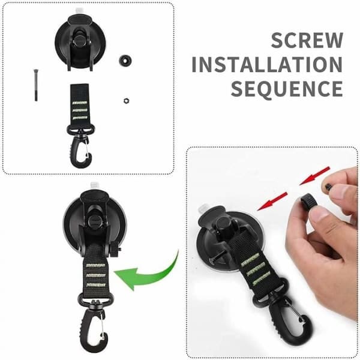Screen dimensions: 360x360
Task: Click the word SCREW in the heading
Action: (307, 40)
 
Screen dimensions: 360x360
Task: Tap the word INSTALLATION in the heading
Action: (267, 65)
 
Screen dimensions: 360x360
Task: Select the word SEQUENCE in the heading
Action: (287, 89)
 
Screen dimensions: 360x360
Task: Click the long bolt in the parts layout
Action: (36, 85)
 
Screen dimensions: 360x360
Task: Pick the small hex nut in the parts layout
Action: (126, 101)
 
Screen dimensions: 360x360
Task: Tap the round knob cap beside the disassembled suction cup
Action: (125, 61)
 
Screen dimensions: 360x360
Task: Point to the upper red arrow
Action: (315, 176)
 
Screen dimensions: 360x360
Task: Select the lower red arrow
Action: (272, 201)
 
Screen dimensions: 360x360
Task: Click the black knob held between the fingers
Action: (309, 200)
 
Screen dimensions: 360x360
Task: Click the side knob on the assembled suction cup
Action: (115, 250)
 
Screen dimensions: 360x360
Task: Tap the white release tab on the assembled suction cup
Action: (94, 185)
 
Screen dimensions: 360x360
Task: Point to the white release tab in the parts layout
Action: (80, 10)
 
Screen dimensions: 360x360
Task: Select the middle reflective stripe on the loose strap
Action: (79, 110)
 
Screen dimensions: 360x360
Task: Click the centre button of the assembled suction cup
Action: (94, 221)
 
